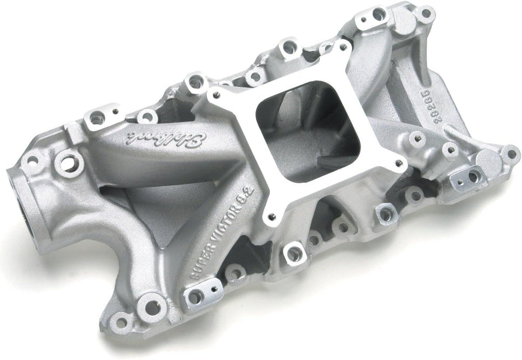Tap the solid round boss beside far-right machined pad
[x=488, y=162]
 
